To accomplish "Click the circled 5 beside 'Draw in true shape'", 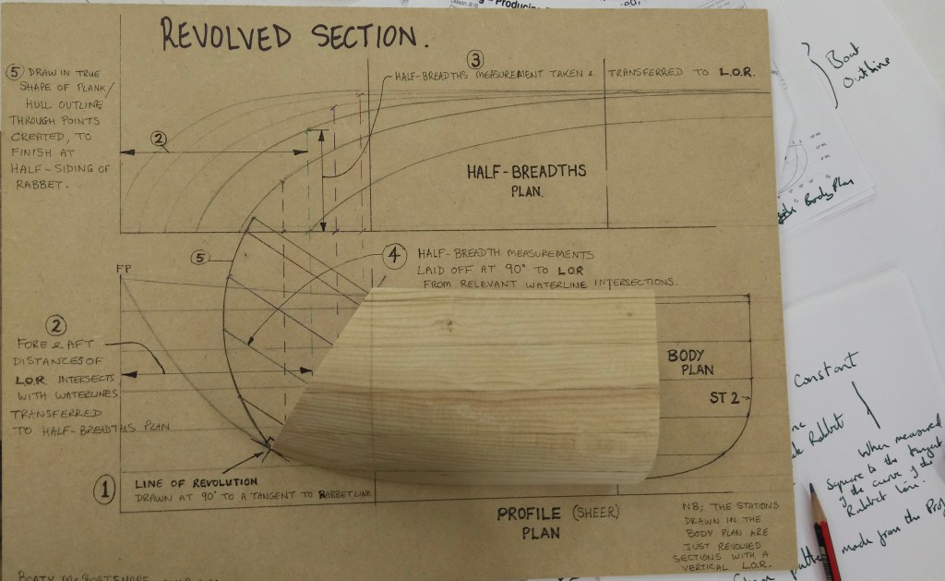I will [14, 71].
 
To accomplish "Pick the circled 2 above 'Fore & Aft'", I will [56, 325].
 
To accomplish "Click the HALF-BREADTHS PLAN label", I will [526, 179].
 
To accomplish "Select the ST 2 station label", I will [725, 398].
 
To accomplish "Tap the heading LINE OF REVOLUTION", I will [196, 482].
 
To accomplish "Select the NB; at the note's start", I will [683, 507].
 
